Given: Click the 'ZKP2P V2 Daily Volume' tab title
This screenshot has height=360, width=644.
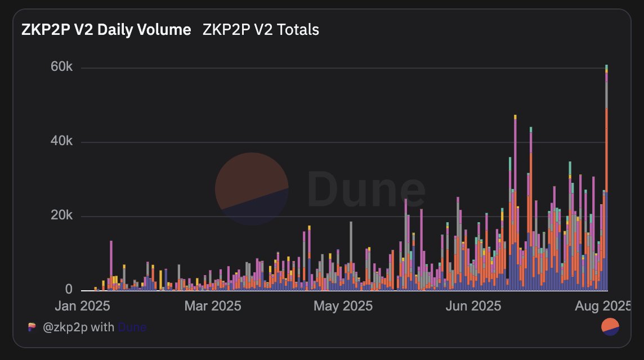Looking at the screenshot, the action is [x=106, y=30].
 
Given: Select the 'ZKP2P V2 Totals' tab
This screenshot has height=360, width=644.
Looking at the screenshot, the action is [x=261, y=30].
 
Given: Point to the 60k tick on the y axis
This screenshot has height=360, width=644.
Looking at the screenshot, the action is [x=61, y=66].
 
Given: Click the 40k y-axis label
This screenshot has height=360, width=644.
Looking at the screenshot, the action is [x=61, y=141].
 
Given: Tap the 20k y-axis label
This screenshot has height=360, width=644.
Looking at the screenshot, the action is [x=61, y=215].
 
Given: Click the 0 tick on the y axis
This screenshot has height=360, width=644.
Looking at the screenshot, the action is [x=69, y=289].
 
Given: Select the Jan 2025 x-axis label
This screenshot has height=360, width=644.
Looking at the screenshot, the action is [x=83, y=306].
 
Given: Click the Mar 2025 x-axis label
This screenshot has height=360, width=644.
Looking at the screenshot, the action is [x=213, y=306].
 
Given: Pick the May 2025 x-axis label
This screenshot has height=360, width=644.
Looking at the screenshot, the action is [x=343, y=306].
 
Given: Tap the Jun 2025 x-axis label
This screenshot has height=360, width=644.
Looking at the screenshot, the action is [x=473, y=306].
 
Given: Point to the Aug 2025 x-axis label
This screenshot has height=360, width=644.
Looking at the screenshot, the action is [x=602, y=306].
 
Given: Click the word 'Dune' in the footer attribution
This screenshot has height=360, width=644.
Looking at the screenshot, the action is [x=132, y=327].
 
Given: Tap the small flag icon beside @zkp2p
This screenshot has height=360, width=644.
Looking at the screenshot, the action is [x=32, y=327].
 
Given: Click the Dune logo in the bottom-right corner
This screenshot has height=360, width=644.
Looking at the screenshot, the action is [x=610, y=327].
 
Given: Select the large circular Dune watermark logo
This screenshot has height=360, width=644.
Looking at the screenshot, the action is [x=252, y=189].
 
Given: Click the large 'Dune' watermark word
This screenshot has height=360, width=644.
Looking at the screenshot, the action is [x=366, y=190].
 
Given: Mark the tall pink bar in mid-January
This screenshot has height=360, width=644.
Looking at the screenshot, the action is [x=111, y=265].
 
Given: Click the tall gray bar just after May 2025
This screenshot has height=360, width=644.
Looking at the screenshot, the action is [x=351, y=256].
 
